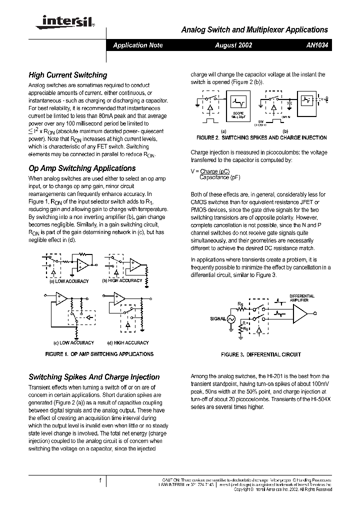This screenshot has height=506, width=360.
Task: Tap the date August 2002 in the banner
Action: (233, 45)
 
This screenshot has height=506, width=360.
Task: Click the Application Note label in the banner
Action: (138, 45)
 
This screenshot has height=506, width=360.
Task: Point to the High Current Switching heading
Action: (67, 75)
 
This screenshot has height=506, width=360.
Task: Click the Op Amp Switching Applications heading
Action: (82, 168)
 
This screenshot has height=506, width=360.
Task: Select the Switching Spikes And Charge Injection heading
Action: (94, 377)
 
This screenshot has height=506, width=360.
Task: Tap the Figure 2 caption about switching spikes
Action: (261, 137)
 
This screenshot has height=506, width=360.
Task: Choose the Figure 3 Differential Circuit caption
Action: (261, 354)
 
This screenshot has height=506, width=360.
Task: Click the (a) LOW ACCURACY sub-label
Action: (68, 281)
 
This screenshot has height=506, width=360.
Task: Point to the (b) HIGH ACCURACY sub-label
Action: (122, 281)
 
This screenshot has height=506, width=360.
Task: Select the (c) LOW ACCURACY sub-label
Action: (73, 343)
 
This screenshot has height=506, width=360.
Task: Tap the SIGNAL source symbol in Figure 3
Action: (231, 318)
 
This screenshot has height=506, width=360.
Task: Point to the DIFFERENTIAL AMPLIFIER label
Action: (302, 298)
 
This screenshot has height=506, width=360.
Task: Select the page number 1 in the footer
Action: (100, 480)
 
